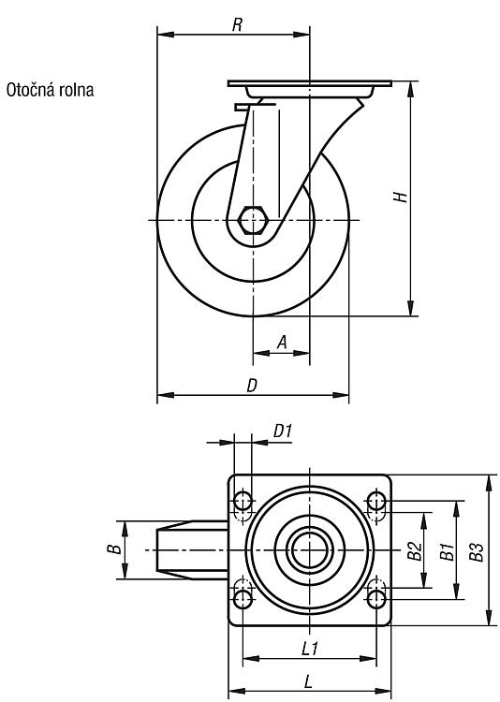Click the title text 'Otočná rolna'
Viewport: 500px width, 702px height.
(x=50, y=90)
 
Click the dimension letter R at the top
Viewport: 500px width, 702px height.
(x=237, y=25)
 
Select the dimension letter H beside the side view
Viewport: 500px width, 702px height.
(x=401, y=197)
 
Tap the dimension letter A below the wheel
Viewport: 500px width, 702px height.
(x=282, y=342)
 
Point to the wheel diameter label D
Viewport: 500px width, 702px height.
(x=252, y=385)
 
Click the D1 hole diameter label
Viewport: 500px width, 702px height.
(x=283, y=431)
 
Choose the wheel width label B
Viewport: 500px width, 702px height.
(x=114, y=548)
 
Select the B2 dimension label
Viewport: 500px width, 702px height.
(x=415, y=550)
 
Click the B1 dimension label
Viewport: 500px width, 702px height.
(x=447, y=551)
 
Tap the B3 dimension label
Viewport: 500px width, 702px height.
(x=477, y=551)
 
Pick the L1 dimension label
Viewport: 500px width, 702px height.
(x=310, y=648)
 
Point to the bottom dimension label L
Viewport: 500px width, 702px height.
(x=308, y=681)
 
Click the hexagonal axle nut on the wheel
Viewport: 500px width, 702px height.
(x=253, y=220)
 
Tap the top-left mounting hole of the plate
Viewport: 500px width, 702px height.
(x=243, y=501)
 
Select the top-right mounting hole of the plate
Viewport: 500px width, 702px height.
(x=376, y=501)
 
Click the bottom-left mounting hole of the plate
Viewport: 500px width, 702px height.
(x=243, y=598)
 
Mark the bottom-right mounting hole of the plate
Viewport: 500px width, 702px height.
(x=376, y=598)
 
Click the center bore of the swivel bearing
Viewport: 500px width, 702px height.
(x=310, y=549)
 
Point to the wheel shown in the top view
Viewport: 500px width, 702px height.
(x=192, y=549)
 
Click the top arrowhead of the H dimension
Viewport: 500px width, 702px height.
(x=410, y=89)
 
